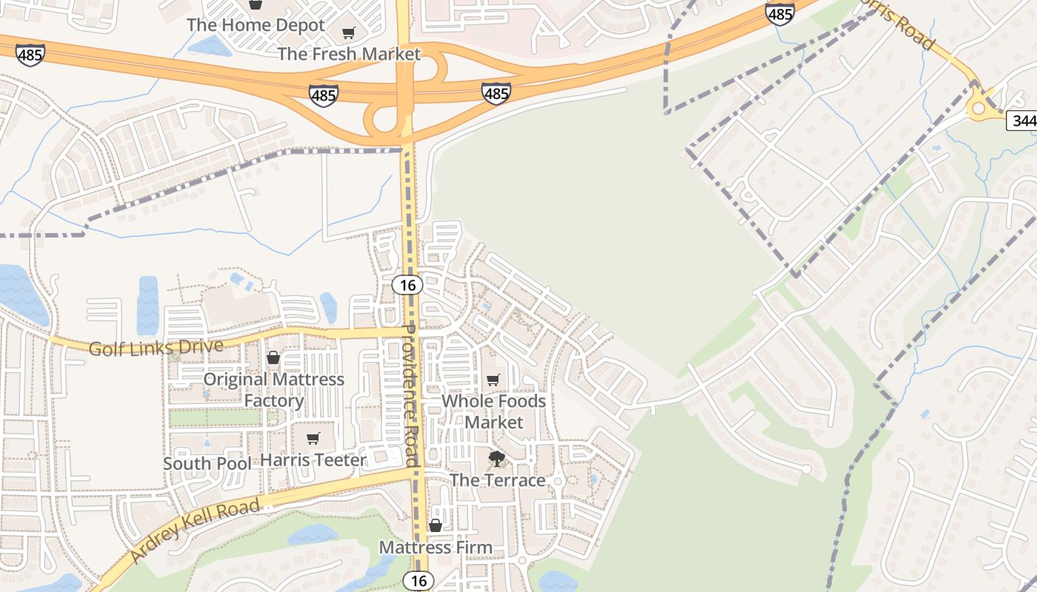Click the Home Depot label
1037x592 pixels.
point(256,24)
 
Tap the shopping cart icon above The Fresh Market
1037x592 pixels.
point(348,33)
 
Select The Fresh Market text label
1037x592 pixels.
point(348,54)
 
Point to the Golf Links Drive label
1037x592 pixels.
point(156,348)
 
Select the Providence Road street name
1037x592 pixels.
point(411,395)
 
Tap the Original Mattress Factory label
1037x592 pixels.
point(274,390)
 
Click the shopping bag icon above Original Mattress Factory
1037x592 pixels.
point(273,358)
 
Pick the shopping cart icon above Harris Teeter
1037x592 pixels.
point(313,439)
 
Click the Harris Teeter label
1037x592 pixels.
point(313,460)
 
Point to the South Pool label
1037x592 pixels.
point(207,464)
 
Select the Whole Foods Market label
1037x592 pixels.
point(493,411)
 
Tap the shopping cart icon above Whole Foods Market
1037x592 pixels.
point(493,380)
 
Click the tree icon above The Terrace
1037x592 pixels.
point(497,459)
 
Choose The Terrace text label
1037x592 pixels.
point(497,480)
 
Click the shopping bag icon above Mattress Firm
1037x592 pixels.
point(436,525)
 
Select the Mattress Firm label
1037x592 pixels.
point(436,548)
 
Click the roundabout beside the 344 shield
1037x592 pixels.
point(979,110)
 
